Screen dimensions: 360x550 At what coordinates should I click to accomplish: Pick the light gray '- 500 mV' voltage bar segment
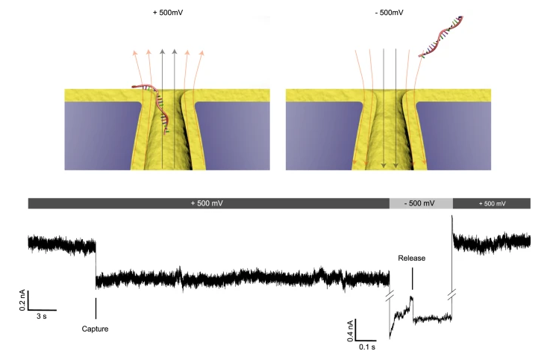[421, 203]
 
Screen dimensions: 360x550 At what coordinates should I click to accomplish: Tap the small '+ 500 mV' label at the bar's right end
[491, 203]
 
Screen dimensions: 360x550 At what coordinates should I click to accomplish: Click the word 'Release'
[411, 258]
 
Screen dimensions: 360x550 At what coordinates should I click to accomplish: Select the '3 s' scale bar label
[43, 317]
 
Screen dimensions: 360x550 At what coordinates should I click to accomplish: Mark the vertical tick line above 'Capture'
[96, 307]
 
